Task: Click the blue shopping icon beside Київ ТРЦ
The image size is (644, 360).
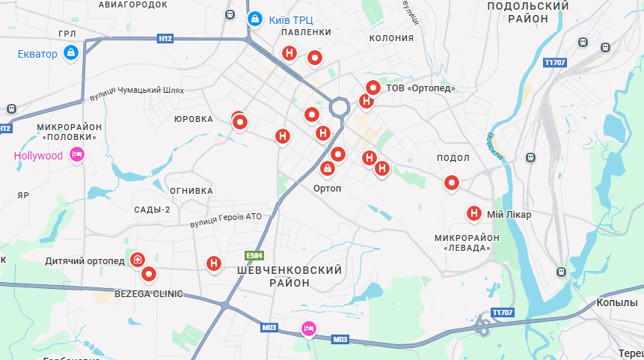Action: (x=254, y=17)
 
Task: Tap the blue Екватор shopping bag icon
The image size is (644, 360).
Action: (x=71, y=52)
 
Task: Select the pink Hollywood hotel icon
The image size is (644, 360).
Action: (x=76, y=155)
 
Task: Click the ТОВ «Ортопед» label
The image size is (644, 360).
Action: (x=421, y=88)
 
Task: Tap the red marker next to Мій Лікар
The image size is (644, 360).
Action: (x=473, y=213)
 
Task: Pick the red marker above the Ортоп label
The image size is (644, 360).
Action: (x=328, y=170)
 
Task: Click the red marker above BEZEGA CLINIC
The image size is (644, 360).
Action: (x=149, y=274)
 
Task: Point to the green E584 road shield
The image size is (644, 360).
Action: (x=255, y=255)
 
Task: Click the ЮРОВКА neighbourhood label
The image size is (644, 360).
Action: (x=194, y=119)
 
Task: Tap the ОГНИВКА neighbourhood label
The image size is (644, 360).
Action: (x=191, y=190)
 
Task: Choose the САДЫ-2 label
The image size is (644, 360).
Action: (x=153, y=210)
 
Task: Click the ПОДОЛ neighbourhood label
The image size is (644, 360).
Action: (x=453, y=158)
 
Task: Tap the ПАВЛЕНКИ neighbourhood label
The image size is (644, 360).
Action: (x=306, y=33)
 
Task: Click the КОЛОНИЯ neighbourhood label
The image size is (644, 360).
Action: (x=391, y=38)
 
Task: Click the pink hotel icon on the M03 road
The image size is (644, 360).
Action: (x=308, y=328)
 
